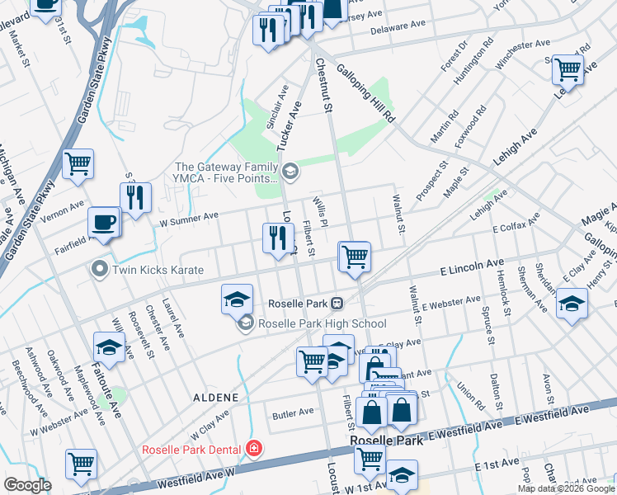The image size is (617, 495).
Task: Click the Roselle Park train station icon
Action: point(337,303)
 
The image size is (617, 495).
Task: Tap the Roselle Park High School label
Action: point(322,324)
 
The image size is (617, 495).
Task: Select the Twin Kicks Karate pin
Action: point(100,270)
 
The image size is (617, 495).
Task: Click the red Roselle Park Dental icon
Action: point(255,449)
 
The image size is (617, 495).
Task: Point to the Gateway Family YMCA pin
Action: point(290,172)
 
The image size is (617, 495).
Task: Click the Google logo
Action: point(28,485)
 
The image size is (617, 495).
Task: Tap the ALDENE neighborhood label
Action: point(218,398)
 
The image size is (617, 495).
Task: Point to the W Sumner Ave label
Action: point(188,217)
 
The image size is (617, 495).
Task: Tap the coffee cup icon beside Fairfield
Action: point(105,223)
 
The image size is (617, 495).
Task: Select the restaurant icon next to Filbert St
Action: point(278,238)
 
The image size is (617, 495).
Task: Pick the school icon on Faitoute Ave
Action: point(109,347)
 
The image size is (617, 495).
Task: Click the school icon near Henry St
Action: point(572,303)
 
